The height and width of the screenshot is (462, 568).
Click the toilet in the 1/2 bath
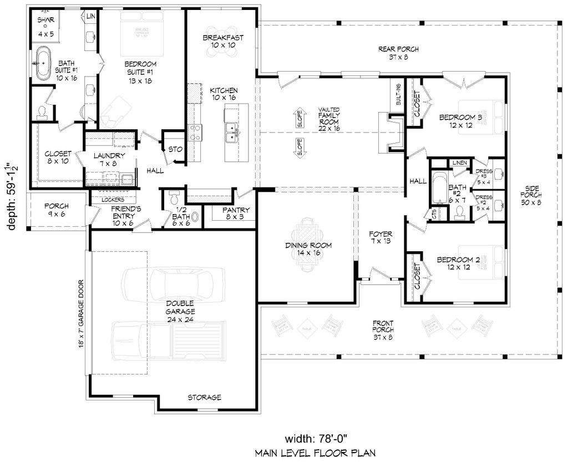[174, 198]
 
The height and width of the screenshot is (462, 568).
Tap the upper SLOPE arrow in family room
[299, 118]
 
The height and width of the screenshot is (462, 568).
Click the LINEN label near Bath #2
[459, 163]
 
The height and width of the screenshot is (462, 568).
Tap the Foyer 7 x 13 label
[381, 237]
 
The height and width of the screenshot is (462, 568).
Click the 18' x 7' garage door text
[81, 313]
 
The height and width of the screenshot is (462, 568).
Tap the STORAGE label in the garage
[204, 397]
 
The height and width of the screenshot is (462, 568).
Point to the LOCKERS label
[111, 199]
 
